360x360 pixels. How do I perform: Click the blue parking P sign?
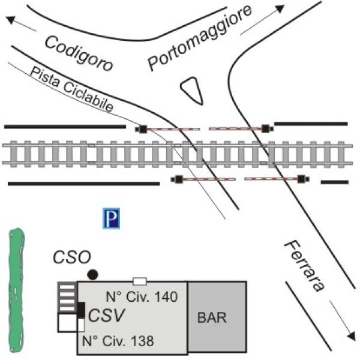click(x=112, y=218)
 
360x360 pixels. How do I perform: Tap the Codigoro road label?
click(x=79, y=53)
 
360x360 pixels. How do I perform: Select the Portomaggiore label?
click(x=200, y=38)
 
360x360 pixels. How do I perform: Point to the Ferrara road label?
click(x=304, y=266)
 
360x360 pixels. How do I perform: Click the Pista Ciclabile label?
click(x=71, y=89)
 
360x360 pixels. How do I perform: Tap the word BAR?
click(x=212, y=318)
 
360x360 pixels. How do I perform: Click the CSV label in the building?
click(x=107, y=315)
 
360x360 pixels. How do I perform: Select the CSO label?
click(x=72, y=257)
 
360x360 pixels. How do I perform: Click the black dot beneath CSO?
click(x=93, y=274)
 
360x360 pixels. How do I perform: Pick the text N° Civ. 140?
click(x=142, y=296)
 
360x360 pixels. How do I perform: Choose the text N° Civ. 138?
click(x=118, y=341)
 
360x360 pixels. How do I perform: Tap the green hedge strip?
click(x=17, y=290)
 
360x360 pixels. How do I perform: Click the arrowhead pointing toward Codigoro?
click(x=11, y=20)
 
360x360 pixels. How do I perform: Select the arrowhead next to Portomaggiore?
click(x=280, y=9)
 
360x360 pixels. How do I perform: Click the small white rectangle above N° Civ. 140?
click(x=140, y=281)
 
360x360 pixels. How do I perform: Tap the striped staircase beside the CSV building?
click(x=67, y=297)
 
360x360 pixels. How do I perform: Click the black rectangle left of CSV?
click(x=81, y=310)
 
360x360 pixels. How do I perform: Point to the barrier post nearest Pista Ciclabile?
click(x=143, y=129)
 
